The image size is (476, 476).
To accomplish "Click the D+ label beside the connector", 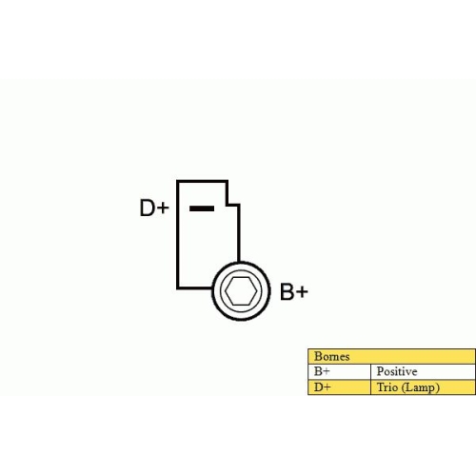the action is point(154,208).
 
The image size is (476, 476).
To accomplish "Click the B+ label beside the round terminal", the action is point(294,291).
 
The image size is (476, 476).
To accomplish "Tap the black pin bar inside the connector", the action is point(202,208).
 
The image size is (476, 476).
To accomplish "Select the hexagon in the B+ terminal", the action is point(241,291).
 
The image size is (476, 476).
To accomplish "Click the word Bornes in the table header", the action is point(332,356).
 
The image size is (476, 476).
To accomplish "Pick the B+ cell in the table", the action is point(339,371).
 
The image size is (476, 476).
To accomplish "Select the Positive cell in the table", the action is point(423,371).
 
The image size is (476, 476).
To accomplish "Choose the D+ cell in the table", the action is point(339,387).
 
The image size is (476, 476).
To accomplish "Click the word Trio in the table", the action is point(387,387).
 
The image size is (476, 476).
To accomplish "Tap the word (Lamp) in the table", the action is point(421,387).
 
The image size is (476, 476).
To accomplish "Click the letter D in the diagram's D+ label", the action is point(148,208).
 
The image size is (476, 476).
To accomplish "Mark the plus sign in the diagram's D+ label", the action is point(163,208).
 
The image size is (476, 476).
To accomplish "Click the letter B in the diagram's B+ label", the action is point(287,291).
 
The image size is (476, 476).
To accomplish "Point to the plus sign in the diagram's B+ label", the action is point(302,292).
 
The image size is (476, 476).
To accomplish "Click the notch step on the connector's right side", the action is point(233,205).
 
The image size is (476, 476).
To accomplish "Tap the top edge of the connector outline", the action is point(202,181).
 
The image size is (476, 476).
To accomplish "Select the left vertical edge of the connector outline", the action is point(178,235).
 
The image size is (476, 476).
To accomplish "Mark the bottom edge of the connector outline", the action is point(195,288).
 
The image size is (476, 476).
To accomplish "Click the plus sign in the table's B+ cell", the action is point(327,372).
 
